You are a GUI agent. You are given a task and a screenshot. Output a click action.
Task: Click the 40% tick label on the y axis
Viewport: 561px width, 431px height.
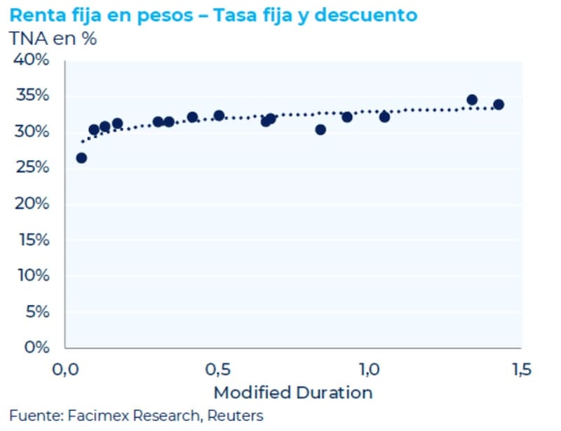(x=31, y=60)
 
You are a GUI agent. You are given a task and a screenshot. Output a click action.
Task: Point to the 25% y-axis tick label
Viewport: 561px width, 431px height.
(x=31, y=167)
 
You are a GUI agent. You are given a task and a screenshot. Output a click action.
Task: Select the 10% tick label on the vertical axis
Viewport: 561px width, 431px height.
(x=31, y=275)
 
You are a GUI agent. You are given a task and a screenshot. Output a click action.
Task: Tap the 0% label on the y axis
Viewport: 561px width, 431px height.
(x=36, y=347)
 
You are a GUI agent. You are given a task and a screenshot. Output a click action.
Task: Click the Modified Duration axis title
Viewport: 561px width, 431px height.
(x=292, y=392)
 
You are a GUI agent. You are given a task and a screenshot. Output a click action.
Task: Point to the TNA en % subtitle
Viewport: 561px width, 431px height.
(x=53, y=39)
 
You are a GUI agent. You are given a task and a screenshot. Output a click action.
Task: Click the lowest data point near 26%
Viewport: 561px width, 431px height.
(x=81, y=158)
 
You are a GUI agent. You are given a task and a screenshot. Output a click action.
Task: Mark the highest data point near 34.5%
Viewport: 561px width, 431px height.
(x=472, y=100)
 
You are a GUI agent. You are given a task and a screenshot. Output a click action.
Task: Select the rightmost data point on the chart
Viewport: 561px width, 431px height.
(x=499, y=105)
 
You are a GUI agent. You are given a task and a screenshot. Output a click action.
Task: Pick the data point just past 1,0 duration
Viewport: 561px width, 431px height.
(x=384, y=117)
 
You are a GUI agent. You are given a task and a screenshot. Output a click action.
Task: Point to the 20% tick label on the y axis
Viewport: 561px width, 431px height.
(x=31, y=204)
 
